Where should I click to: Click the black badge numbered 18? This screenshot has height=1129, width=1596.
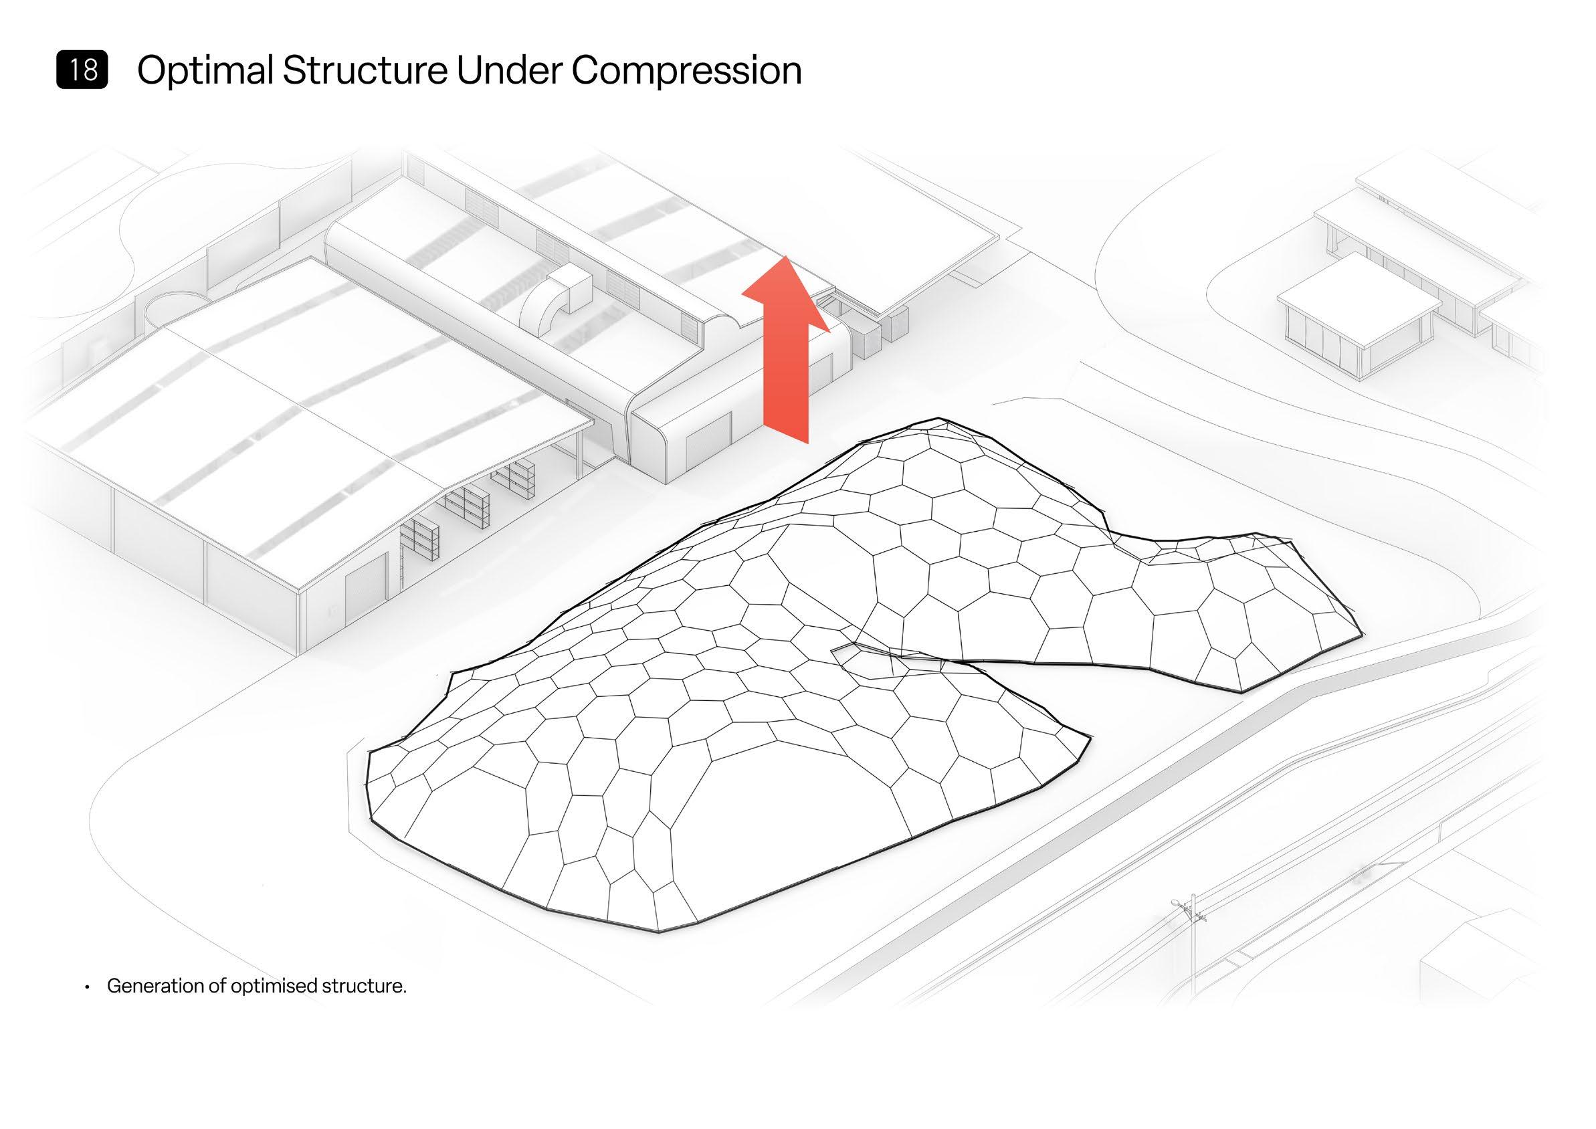tap(82, 70)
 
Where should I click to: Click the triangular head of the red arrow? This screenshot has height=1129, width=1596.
tap(785, 292)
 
